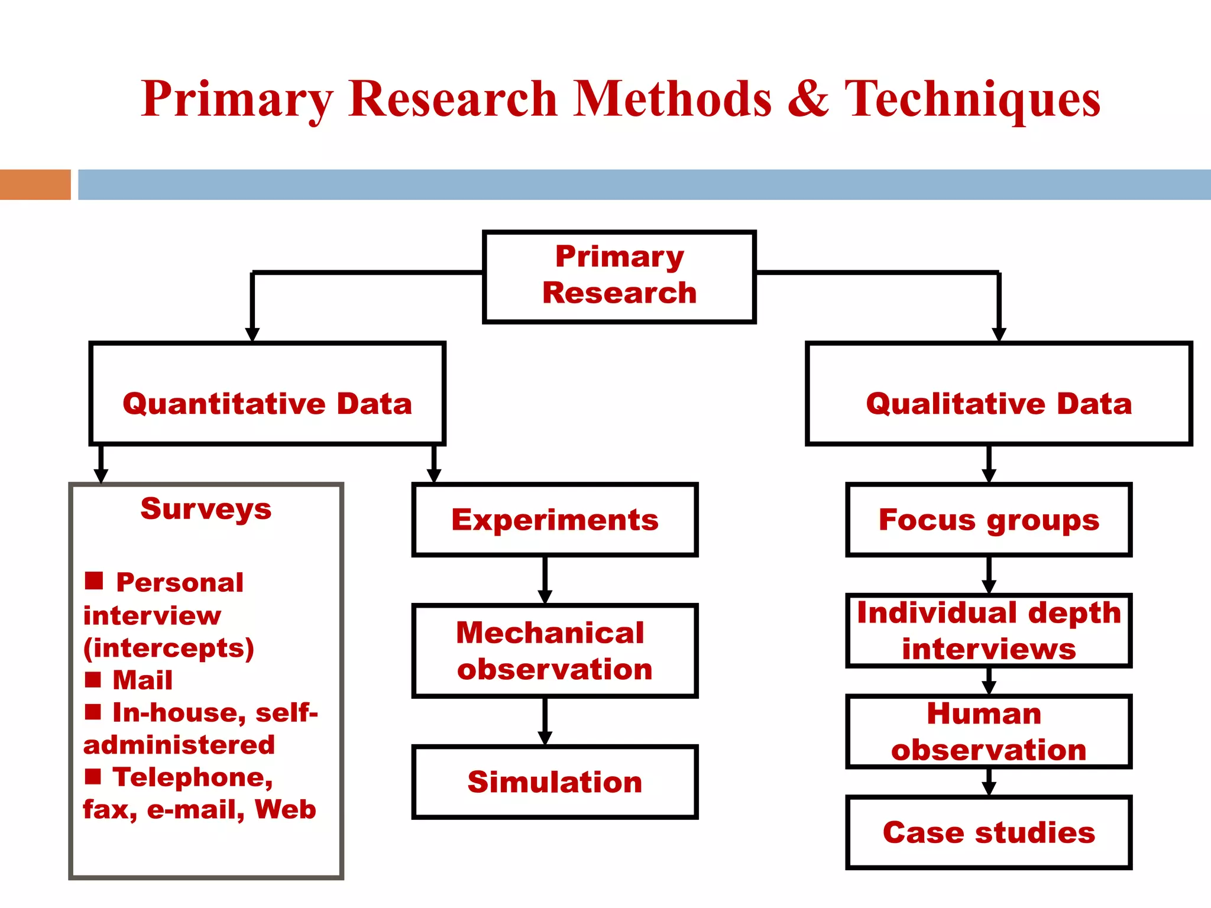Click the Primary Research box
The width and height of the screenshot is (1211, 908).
tap(619, 276)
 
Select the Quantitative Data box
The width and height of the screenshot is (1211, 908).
tap(267, 393)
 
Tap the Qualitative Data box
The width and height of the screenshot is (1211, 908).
tap(998, 393)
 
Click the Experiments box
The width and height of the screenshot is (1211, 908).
tap(555, 520)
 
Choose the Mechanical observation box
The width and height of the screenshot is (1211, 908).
tap(555, 650)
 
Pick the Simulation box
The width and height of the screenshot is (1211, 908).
tap(555, 781)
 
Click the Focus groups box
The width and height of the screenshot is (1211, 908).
tap(988, 520)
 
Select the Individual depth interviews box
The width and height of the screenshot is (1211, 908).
tap(988, 630)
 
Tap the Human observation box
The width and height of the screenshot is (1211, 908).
tap(988, 731)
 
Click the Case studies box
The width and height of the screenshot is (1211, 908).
tap(988, 832)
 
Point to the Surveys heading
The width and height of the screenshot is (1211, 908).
tap(206, 509)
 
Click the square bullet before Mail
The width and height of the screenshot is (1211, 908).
tap(93, 679)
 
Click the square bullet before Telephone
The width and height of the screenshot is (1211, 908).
tap(93, 776)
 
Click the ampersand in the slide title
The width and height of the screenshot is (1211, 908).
tap(808, 99)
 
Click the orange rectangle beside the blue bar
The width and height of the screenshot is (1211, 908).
tap(35, 184)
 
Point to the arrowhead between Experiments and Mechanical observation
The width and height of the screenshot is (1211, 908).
tap(545, 596)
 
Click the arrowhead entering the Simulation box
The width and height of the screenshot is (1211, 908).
tap(545, 738)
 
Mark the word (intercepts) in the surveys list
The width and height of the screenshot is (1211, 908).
tap(169, 648)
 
